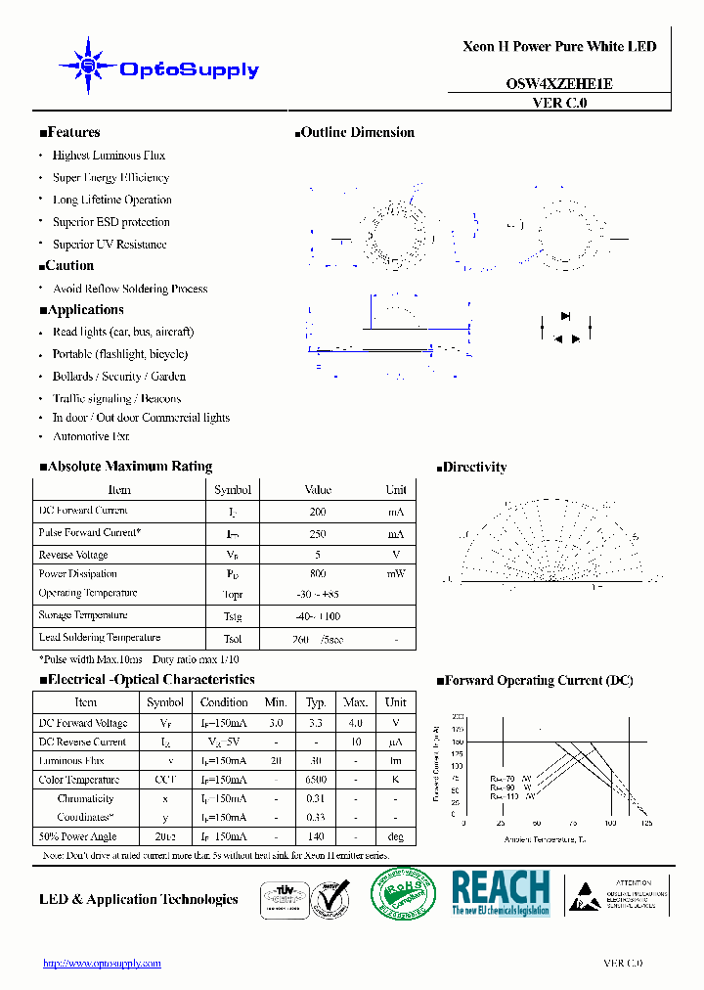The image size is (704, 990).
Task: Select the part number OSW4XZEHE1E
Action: tap(559, 84)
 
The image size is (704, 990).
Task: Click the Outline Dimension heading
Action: tap(355, 133)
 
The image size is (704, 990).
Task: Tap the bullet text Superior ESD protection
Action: tap(110, 222)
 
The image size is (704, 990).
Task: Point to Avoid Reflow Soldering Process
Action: tap(130, 289)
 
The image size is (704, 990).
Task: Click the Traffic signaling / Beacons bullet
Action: tap(116, 398)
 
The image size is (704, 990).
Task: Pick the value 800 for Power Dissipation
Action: tap(318, 574)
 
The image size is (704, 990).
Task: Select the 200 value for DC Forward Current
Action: tap(318, 512)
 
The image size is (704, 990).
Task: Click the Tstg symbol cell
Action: tap(232, 616)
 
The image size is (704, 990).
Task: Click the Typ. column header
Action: tap(315, 702)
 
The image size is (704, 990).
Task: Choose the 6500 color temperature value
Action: tap(315, 780)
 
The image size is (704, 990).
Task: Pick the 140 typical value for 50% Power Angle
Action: tap(315, 837)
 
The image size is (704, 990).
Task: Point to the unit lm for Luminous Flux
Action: tap(395, 760)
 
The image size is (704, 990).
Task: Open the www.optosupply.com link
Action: tap(102, 964)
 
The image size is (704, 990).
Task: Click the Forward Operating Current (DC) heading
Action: tap(534, 681)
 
